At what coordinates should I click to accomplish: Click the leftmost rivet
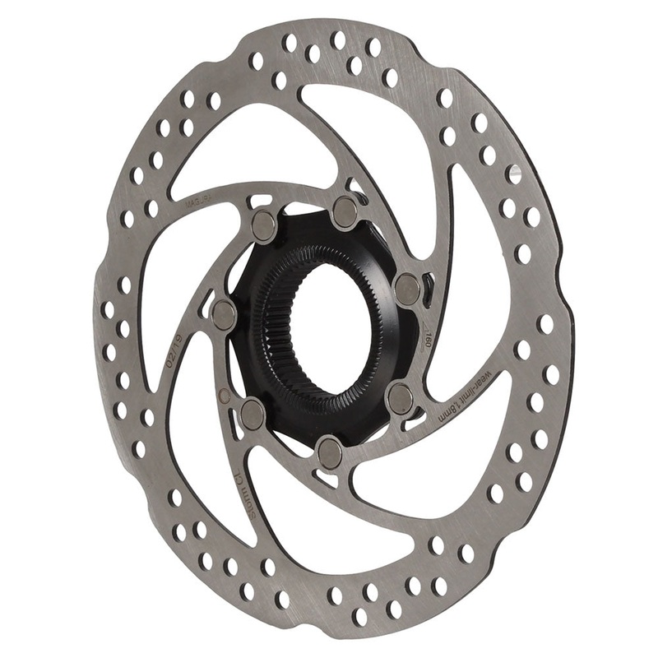pyautogui.click(x=225, y=313)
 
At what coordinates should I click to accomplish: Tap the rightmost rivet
pyautogui.click(x=407, y=289)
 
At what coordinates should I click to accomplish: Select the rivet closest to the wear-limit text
pyautogui.click(x=401, y=398)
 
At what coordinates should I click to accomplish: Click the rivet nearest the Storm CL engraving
pyautogui.click(x=253, y=415)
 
